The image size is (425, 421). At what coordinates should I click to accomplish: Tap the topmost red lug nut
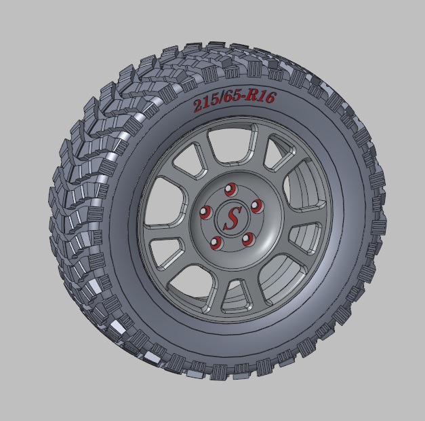pos(228,188)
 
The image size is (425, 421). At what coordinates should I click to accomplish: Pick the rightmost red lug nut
pos(256,204)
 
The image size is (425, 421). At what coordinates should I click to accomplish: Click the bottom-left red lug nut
pos(216,242)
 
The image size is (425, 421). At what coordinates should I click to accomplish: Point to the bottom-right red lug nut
pos(247,238)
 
